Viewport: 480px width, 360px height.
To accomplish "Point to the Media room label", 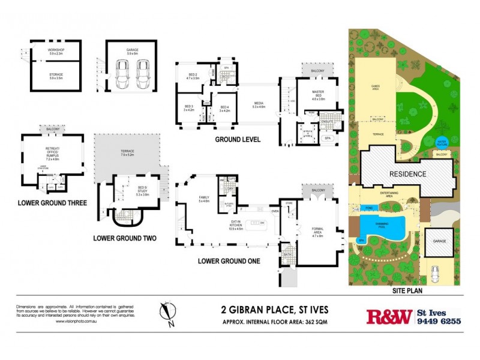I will click(x=258, y=104).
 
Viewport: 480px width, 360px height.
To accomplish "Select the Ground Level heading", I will click(x=238, y=140).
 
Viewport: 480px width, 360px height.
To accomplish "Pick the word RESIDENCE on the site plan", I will click(x=407, y=174).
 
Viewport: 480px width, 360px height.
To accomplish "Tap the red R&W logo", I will click(x=389, y=316).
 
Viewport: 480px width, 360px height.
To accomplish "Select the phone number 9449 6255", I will click(x=439, y=321).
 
